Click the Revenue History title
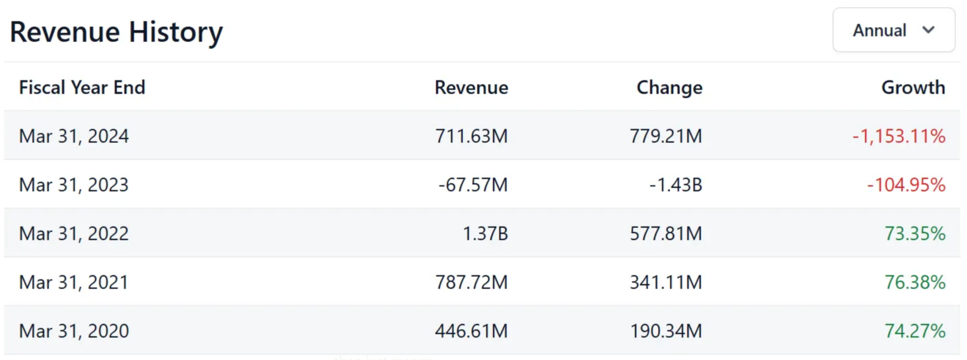(116, 32)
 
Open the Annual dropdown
(893, 30)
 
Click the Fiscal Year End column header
(82, 88)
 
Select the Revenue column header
(471, 88)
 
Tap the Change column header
(669, 88)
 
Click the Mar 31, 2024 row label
(74, 136)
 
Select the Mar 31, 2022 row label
(74, 233)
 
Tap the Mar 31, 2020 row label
(74, 331)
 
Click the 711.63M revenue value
(471, 136)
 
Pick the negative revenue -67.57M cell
(473, 185)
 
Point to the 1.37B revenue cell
(485, 233)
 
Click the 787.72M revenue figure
(471, 282)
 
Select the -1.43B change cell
(675, 185)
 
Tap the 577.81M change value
(666, 233)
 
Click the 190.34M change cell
(666, 331)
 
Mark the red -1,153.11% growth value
(899, 136)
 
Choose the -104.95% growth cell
(906, 185)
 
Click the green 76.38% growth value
(914, 282)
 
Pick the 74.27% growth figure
(914, 331)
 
